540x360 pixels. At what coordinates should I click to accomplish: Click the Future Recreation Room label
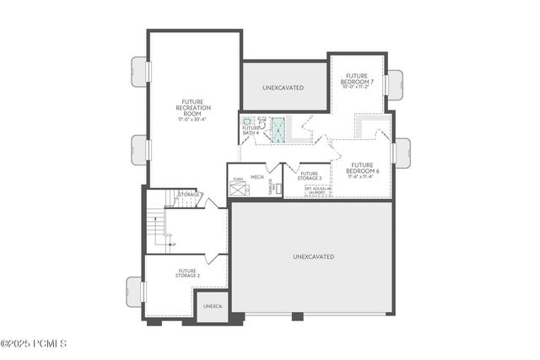click(192, 108)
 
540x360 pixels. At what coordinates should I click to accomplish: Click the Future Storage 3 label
click(309, 175)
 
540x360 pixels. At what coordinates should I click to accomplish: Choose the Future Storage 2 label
click(187, 273)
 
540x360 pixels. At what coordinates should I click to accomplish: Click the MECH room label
click(257, 177)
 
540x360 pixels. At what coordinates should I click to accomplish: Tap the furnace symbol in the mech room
click(238, 188)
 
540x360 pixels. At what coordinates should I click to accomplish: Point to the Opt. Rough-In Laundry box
click(316, 191)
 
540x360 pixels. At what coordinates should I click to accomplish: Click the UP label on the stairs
click(173, 244)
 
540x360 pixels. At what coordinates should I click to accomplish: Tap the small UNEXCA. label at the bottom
click(212, 307)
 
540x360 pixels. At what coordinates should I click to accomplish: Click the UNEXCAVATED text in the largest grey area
click(313, 256)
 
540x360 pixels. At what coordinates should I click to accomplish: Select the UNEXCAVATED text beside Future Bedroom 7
click(283, 87)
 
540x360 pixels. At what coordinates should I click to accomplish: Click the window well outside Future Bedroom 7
click(395, 85)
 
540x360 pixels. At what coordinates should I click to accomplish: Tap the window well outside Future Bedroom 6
click(402, 153)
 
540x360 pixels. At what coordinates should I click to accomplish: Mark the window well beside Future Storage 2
click(135, 291)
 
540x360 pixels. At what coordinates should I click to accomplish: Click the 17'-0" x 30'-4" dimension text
click(192, 120)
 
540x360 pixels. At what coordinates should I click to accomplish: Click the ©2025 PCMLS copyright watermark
click(34, 343)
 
